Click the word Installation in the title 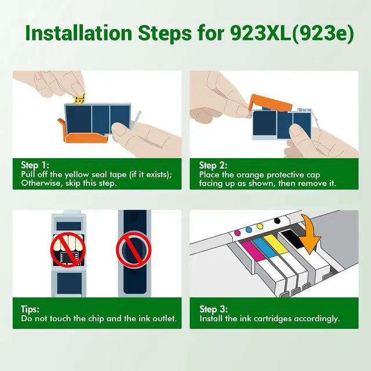click(x=79, y=33)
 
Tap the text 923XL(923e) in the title click(x=292, y=34)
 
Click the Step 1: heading click(x=35, y=165)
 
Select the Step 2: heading click(x=213, y=165)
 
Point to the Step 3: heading click(x=213, y=309)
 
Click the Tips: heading click(x=30, y=309)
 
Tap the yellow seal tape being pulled click(x=79, y=99)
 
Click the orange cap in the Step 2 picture click(x=271, y=103)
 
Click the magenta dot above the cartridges click(x=237, y=233)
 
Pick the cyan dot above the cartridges click(x=249, y=230)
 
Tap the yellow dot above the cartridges click(x=260, y=226)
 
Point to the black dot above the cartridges click(x=277, y=221)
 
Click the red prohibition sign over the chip click(x=68, y=250)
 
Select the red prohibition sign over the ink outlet click(x=134, y=250)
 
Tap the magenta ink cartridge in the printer click(x=253, y=251)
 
